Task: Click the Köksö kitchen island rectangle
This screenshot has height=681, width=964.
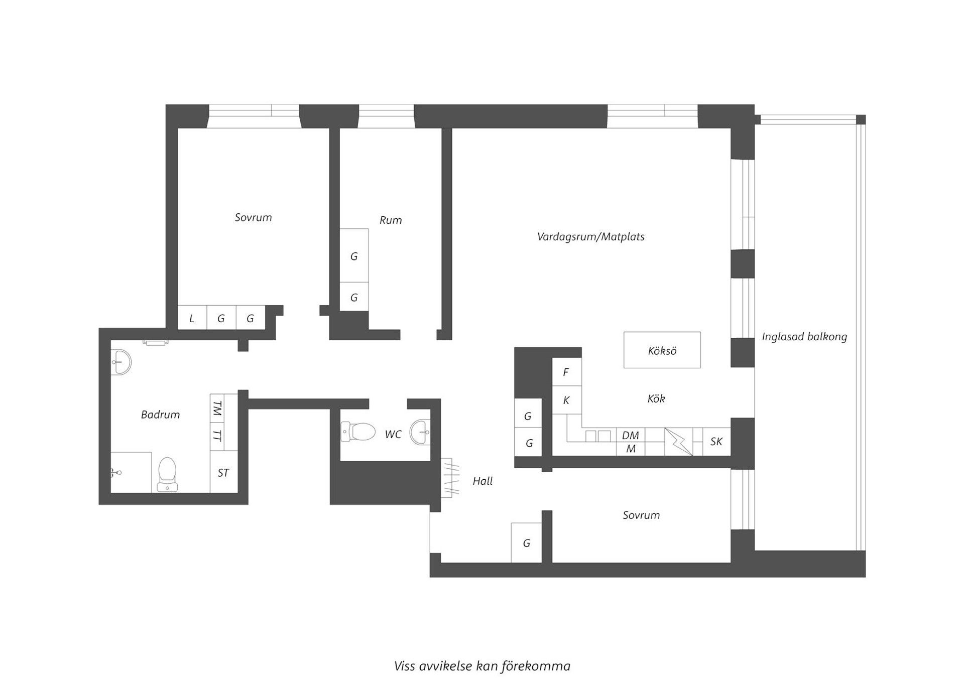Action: (x=662, y=350)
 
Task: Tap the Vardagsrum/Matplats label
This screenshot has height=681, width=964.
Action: (x=590, y=236)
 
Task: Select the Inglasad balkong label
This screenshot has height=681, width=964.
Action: (x=804, y=337)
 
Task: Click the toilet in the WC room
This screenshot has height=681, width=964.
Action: (x=358, y=431)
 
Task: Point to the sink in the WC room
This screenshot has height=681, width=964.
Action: (x=421, y=432)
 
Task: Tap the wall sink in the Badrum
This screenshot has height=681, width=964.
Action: (x=120, y=361)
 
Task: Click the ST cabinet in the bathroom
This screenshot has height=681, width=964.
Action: (x=223, y=472)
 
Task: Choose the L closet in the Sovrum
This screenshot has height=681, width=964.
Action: (x=192, y=318)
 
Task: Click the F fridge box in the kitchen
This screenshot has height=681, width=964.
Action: (x=566, y=372)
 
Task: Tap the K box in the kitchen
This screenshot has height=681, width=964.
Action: (x=566, y=400)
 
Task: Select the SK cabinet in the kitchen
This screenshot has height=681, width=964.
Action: (x=716, y=442)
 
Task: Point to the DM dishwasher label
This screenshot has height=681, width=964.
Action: (x=630, y=435)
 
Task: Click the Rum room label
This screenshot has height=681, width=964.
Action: (x=390, y=220)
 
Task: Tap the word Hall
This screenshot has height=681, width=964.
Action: (x=483, y=481)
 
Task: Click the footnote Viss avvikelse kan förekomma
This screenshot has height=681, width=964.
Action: (x=482, y=666)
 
